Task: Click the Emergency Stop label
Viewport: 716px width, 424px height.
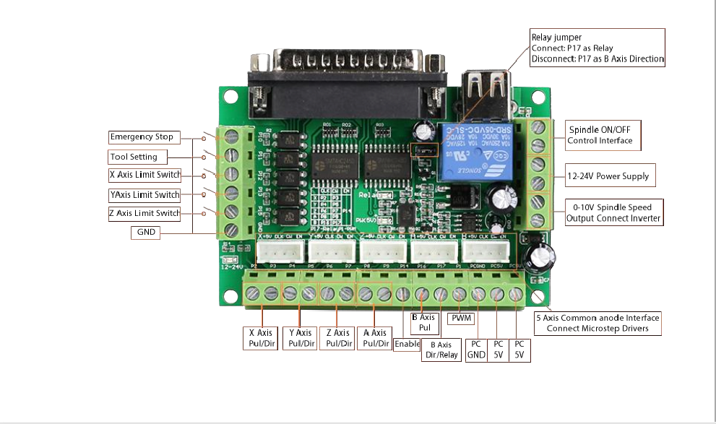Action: (x=142, y=137)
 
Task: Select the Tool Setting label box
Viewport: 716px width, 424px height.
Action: (x=137, y=156)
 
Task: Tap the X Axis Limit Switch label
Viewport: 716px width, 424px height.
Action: (x=145, y=175)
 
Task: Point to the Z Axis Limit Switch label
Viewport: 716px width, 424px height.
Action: (x=145, y=213)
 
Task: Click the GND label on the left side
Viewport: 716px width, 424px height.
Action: (x=146, y=232)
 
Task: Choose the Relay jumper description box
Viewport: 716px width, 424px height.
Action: (x=597, y=48)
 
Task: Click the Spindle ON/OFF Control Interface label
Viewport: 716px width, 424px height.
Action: (x=600, y=134)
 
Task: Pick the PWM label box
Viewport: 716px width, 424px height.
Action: (x=461, y=318)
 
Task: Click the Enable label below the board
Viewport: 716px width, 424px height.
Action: (x=407, y=345)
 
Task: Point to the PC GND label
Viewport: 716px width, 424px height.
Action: (x=475, y=349)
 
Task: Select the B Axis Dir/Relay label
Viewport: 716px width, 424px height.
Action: (x=441, y=350)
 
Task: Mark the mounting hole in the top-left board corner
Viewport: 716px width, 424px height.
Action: (x=230, y=97)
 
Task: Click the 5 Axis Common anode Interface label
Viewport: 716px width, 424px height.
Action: (x=597, y=323)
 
